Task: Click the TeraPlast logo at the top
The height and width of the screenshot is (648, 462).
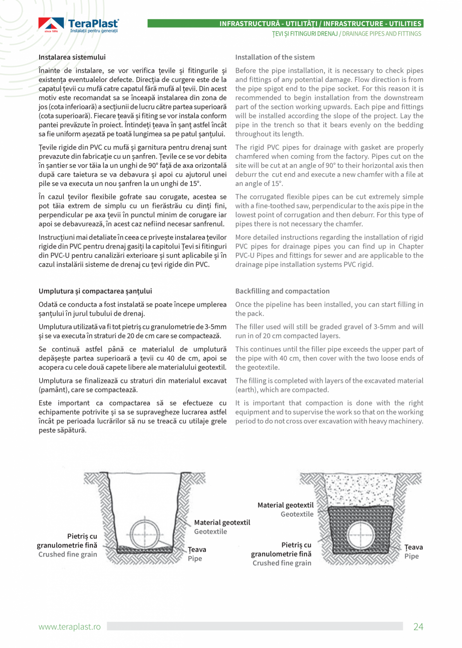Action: (x=78, y=26)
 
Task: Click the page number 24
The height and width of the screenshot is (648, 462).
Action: (x=418, y=626)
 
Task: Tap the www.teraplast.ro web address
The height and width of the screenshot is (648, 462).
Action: (x=70, y=626)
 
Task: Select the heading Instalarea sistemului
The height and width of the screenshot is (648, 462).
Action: (x=72, y=57)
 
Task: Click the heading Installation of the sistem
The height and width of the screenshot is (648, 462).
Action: (x=275, y=57)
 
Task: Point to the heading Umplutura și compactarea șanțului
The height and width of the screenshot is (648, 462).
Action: (x=95, y=291)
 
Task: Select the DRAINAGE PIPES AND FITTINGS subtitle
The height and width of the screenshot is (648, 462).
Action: (x=382, y=34)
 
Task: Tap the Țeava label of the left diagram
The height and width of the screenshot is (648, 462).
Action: (x=197, y=550)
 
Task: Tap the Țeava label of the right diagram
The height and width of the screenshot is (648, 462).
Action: (x=413, y=547)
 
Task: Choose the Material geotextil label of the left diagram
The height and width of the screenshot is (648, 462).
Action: (x=221, y=522)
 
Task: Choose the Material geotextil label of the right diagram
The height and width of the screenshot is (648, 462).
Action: (x=285, y=505)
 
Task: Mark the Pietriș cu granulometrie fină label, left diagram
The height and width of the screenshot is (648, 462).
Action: (x=68, y=541)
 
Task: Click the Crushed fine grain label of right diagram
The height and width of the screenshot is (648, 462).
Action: (x=282, y=563)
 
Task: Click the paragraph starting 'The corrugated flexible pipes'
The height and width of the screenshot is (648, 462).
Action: (x=329, y=210)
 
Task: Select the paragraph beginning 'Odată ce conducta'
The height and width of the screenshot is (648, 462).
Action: (x=133, y=309)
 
